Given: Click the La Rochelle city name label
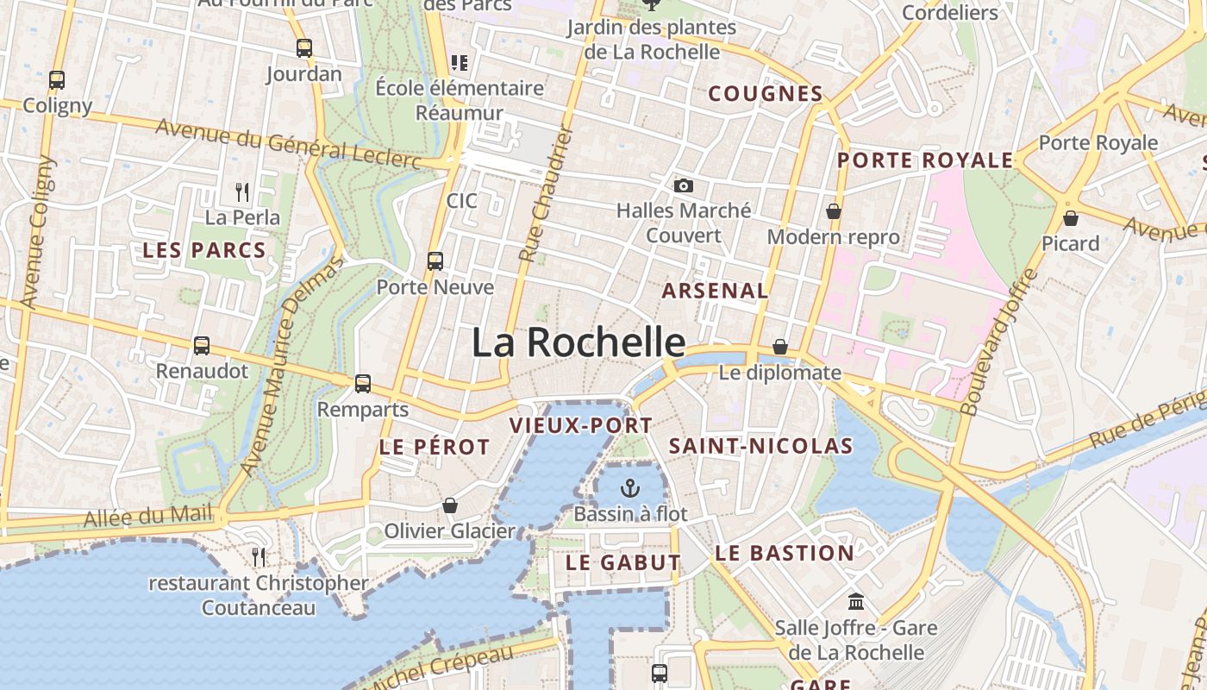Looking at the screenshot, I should (578, 342).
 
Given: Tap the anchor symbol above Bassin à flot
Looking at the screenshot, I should (631, 488).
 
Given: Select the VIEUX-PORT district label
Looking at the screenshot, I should (581, 425).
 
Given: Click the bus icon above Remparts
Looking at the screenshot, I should (363, 383).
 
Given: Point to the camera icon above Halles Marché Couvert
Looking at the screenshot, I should (684, 185).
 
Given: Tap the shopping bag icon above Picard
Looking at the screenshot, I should (1071, 218).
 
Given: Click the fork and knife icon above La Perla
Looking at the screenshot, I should (242, 191).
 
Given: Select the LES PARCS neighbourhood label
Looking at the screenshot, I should (204, 251).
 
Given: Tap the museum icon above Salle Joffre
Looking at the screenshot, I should (856, 601).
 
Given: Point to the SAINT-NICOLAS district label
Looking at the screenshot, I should (761, 446).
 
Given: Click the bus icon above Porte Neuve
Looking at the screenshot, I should (435, 260).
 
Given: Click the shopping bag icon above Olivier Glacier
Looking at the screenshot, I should (450, 505).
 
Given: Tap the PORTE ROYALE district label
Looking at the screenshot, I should (926, 160).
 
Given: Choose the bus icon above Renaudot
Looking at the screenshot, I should (202, 346).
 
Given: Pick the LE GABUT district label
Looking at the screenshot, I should (623, 562).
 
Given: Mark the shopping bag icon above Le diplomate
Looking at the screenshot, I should (780, 347).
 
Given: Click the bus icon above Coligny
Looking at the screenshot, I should (57, 80).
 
